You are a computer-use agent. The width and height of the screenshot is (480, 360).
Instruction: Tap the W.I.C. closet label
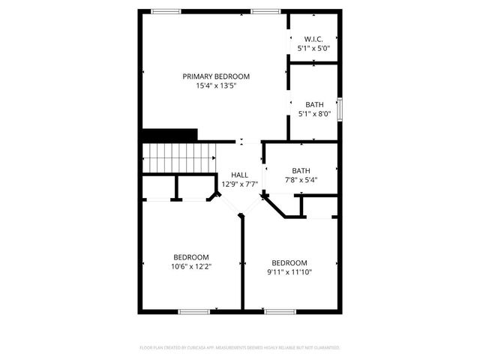[313, 38]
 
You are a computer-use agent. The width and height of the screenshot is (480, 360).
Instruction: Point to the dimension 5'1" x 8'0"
[314, 114]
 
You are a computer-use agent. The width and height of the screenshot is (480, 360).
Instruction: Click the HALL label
[239, 175]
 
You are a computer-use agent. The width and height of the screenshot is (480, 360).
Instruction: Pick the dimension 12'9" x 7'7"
[239, 184]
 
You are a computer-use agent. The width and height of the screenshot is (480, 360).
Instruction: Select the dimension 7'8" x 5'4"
[301, 180]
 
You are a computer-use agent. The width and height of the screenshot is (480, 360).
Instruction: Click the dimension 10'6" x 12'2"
[191, 266]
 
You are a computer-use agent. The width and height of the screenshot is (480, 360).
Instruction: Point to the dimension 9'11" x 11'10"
[289, 271]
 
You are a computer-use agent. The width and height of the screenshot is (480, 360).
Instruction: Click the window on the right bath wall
[340, 109]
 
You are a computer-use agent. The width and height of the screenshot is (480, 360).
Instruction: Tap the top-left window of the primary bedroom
[166, 11]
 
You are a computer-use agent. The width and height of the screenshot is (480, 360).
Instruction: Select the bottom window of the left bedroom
[193, 311]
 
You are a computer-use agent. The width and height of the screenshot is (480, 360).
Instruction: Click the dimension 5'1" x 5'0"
[313, 48]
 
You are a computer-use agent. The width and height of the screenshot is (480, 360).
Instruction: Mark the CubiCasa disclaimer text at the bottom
[240, 348]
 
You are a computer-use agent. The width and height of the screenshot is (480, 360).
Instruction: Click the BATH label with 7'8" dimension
[301, 170]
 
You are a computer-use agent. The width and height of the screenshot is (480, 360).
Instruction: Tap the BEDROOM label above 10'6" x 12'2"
[191, 256]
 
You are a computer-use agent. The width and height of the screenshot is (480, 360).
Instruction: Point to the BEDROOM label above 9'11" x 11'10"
[289, 262]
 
